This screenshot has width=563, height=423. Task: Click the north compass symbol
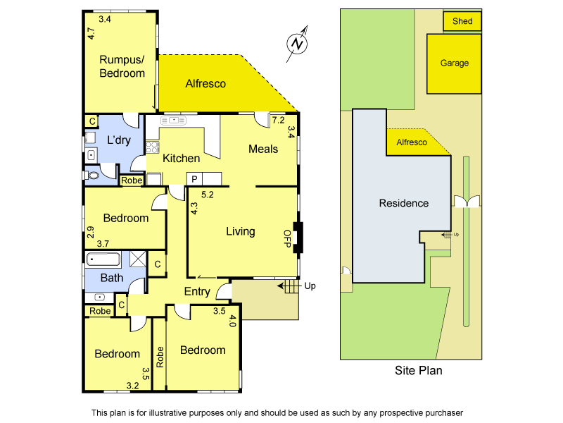[x=299, y=43]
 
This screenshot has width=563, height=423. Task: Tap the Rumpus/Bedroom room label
[x=122, y=66]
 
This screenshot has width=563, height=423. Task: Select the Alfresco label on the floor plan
[x=205, y=83]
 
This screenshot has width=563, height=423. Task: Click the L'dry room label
[x=120, y=140]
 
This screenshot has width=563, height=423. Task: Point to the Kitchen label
[x=182, y=158]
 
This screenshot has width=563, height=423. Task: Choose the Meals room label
[x=263, y=149]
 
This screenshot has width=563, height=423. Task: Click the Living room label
[x=240, y=231]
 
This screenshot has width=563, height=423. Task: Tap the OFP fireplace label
[x=287, y=237]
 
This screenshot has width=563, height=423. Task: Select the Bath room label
[x=111, y=278]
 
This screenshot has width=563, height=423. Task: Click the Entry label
[x=197, y=291]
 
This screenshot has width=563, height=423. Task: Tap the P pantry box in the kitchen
[x=194, y=179]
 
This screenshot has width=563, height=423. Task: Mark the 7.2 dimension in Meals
[x=278, y=121]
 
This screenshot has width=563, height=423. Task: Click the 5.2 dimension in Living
[x=208, y=194]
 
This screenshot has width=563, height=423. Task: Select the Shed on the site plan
[x=462, y=22]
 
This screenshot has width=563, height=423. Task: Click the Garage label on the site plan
[x=455, y=63]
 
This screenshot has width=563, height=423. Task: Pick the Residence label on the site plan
[x=404, y=203]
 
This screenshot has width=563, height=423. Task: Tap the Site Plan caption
[x=419, y=370]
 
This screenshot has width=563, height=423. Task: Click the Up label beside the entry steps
[x=310, y=286]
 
